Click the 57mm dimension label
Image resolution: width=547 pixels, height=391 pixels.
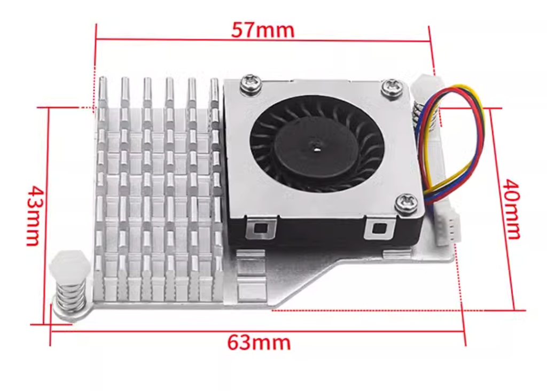pyautogui.click(x=262, y=30)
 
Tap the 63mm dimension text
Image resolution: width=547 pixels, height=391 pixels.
pyautogui.click(x=259, y=342)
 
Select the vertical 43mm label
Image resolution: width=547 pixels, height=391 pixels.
pyautogui.click(x=34, y=215)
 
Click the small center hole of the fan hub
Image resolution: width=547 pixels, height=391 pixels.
pyautogui.click(x=317, y=144)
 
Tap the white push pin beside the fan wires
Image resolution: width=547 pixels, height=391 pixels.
pyautogui.click(x=426, y=86)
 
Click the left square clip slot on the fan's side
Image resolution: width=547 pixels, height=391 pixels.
pyautogui.click(x=260, y=229)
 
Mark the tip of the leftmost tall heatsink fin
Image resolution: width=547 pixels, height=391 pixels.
pyautogui.click(x=102, y=80)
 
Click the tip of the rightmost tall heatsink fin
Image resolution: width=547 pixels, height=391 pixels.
pyautogui.click(x=214, y=83)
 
